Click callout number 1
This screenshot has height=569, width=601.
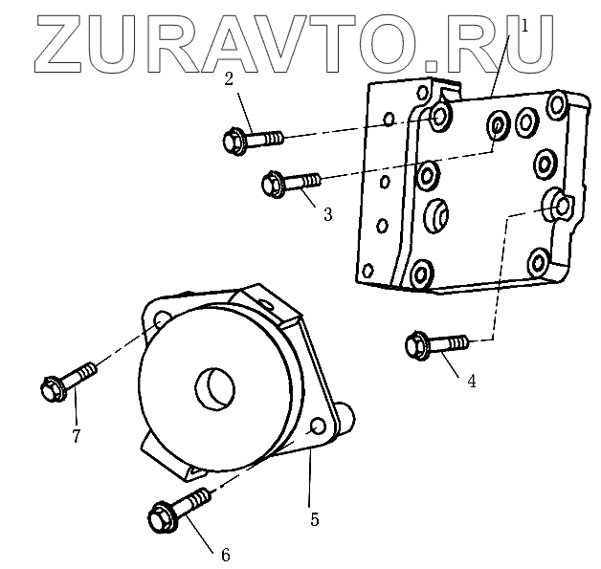(x=523, y=27)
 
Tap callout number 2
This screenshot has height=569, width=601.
(x=230, y=79)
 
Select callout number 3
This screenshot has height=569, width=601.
(x=327, y=215)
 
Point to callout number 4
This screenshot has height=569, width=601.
(x=472, y=380)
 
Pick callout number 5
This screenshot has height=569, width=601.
(x=314, y=519)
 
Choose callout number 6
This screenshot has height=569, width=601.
(x=226, y=554)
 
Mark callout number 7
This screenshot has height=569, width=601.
(x=75, y=436)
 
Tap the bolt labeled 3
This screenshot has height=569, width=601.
(x=294, y=179)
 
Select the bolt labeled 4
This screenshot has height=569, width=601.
(x=439, y=342)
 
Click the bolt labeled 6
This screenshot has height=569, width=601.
(x=179, y=510)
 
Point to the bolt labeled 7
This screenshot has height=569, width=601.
(x=70, y=379)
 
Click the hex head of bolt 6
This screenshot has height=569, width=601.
(x=160, y=521)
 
